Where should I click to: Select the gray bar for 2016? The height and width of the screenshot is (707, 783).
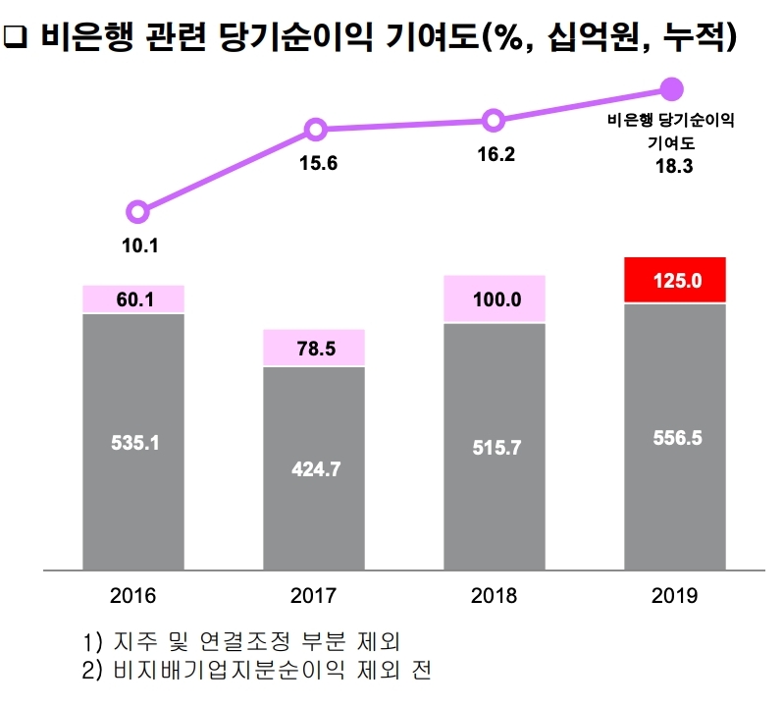coord(133,442)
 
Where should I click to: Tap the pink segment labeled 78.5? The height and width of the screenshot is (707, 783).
coord(314,348)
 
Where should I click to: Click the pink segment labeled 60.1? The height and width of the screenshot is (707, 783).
coord(133,299)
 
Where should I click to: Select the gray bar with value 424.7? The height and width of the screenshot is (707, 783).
coord(314,468)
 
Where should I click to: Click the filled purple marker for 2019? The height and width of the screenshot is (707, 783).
coord(672,90)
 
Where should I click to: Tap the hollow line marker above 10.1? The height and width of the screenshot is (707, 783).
coord(138,211)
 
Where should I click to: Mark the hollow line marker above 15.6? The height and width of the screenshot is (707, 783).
coord(316,129)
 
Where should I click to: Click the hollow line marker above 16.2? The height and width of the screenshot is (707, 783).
coord(495,121)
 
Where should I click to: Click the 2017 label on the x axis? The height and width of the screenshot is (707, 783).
coord(314,595)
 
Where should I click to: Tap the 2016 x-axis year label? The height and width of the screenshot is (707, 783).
coord(133,595)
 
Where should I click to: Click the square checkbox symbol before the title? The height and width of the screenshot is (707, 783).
coord(16,38)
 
